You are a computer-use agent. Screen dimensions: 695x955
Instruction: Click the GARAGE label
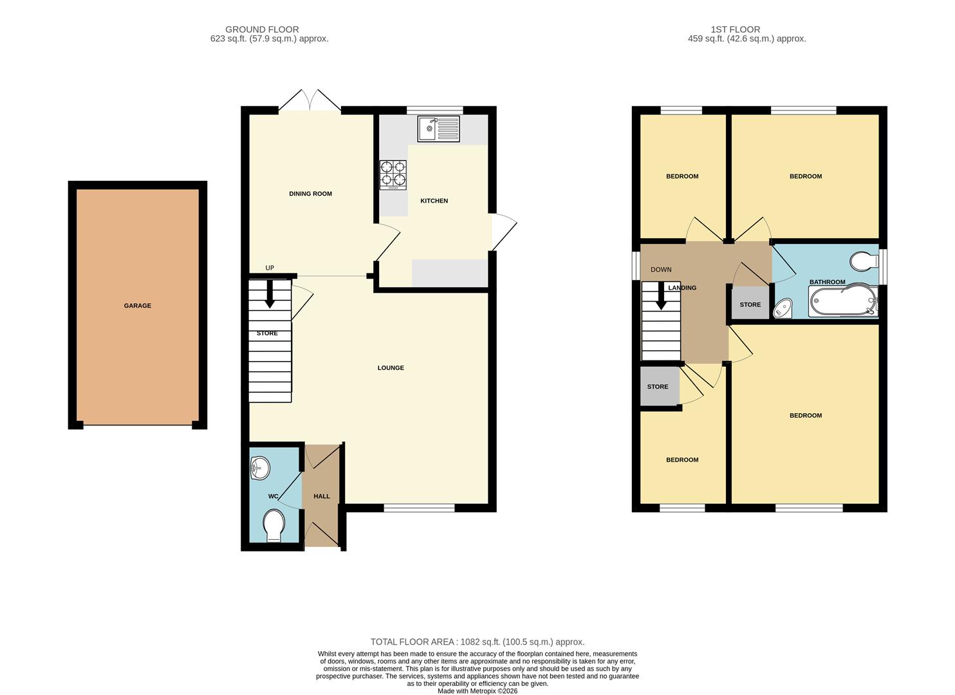pos(138,306)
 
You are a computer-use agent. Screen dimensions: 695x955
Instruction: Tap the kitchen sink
pos(438,129)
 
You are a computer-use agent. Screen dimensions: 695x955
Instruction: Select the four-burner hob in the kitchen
pos(393,174)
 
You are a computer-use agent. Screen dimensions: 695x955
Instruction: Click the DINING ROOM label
pos(310,194)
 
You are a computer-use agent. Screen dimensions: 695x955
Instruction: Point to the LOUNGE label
pos(391,368)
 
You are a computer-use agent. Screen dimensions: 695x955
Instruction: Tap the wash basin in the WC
pos(260,468)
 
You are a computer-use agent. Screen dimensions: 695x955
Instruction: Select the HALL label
pos(322,496)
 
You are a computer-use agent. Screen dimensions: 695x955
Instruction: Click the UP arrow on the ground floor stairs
pos(270,293)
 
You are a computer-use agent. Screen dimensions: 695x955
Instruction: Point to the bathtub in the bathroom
pos(843,302)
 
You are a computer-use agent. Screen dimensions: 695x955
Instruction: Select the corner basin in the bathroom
pos(783,310)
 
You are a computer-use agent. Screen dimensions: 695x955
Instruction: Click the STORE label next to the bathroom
pos(750,305)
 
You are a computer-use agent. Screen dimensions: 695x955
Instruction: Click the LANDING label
pos(682,288)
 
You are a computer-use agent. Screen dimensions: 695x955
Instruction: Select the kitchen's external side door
pos(502,232)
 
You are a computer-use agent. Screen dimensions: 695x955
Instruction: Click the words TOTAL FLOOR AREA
pos(413,642)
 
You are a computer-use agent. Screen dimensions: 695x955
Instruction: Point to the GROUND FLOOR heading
pos(262,30)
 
